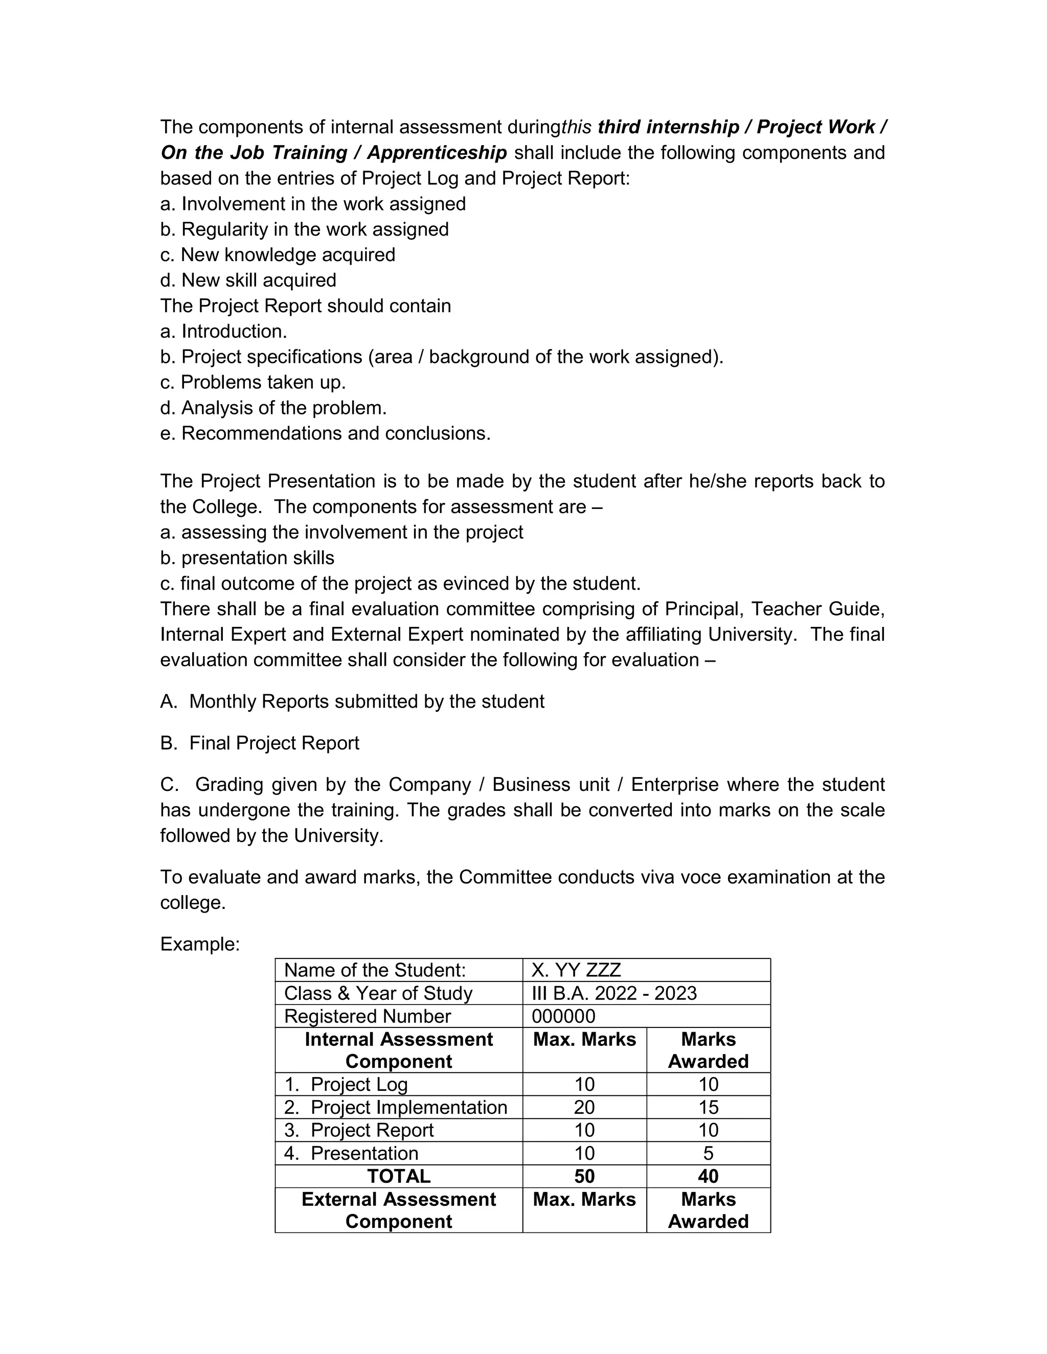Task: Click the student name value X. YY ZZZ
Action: [576, 970]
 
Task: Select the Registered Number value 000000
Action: [563, 1016]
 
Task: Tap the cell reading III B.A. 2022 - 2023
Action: [613, 993]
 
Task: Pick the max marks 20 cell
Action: [584, 1107]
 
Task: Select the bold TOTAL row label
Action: [398, 1176]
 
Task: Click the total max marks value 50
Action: [584, 1176]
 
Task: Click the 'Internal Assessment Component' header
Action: [398, 1050]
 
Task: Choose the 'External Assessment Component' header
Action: [398, 1210]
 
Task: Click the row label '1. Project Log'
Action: [346, 1084]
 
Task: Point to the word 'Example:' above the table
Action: [200, 944]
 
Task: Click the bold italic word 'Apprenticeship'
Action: [437, 152]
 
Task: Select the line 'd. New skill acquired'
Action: [248, 280]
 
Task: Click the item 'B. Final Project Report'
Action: [259, 743]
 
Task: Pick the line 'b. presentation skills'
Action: [247, 558]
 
